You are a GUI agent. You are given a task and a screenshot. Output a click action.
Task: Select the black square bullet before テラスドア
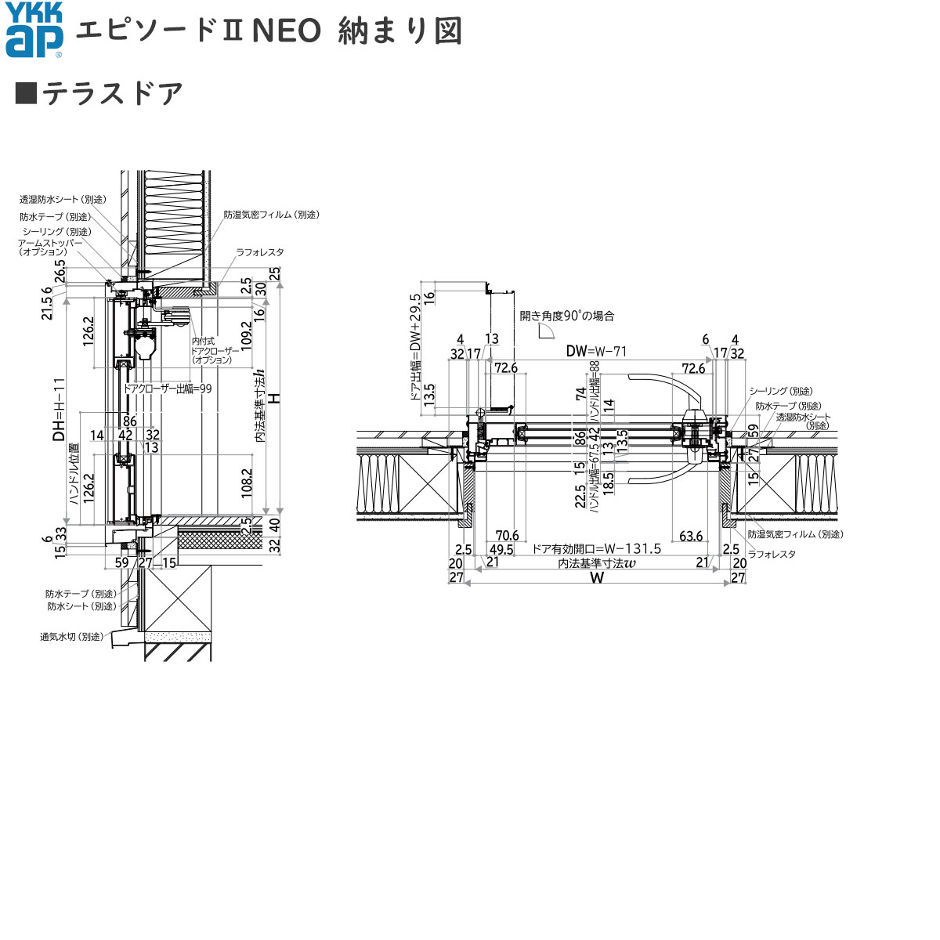pyautogui.click(x=26, y=93)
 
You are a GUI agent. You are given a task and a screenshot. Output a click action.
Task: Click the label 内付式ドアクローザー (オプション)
pyautogui.click(x=213, y=351)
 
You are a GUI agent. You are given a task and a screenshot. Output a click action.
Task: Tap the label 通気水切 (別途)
pyautogui.click(x=72, y=637)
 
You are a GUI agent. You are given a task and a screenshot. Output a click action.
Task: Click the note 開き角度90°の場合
pyautogui.click(x=567, y=316)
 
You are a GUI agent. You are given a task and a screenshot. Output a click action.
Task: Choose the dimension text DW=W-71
pyautogui.click(x=598, y=352)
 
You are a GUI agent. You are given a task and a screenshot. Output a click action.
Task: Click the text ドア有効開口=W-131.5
pyautogui.click(x=596, y=549)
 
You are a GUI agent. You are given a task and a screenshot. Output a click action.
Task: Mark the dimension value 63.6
pyautogui.click(x=691, y=536)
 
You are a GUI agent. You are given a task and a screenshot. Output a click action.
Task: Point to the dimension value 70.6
pyautogui.click(x=506, y=536)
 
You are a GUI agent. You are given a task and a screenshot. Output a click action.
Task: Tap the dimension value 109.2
pyautogui.click(x=248, y=333)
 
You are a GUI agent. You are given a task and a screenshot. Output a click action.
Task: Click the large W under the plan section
pyautogui.click(x=597, y=578)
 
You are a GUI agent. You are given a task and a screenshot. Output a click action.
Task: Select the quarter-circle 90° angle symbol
pyautogui.click(x=547, y=332)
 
